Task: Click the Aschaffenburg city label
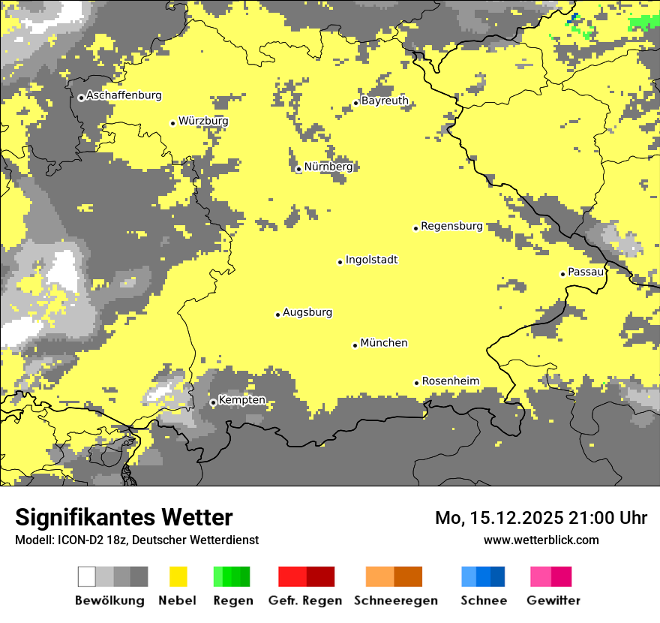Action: point(124,96)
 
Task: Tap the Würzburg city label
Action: point(203,122)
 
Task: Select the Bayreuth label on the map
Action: point(385,101)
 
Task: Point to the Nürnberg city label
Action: point(328,167)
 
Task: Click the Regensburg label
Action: point(451,226)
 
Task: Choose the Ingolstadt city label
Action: point(371,260)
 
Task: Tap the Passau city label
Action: point(586,272)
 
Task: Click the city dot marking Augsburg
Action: point(277,315)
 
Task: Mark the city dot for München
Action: point(355,345)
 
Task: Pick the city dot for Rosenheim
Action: point(416,383)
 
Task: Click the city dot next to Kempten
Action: point(213,402)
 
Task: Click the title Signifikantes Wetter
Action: point(124,517)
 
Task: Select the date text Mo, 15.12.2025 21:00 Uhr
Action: point(541,518)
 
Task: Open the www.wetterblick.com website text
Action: point(541,540)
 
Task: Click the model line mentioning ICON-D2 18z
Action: point(136,540)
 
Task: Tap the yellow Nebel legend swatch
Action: point(178,576)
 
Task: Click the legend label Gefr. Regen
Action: point(305,600)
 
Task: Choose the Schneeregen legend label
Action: point(395,600)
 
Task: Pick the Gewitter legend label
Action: point(553,600)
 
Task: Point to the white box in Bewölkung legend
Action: point(87,576)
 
